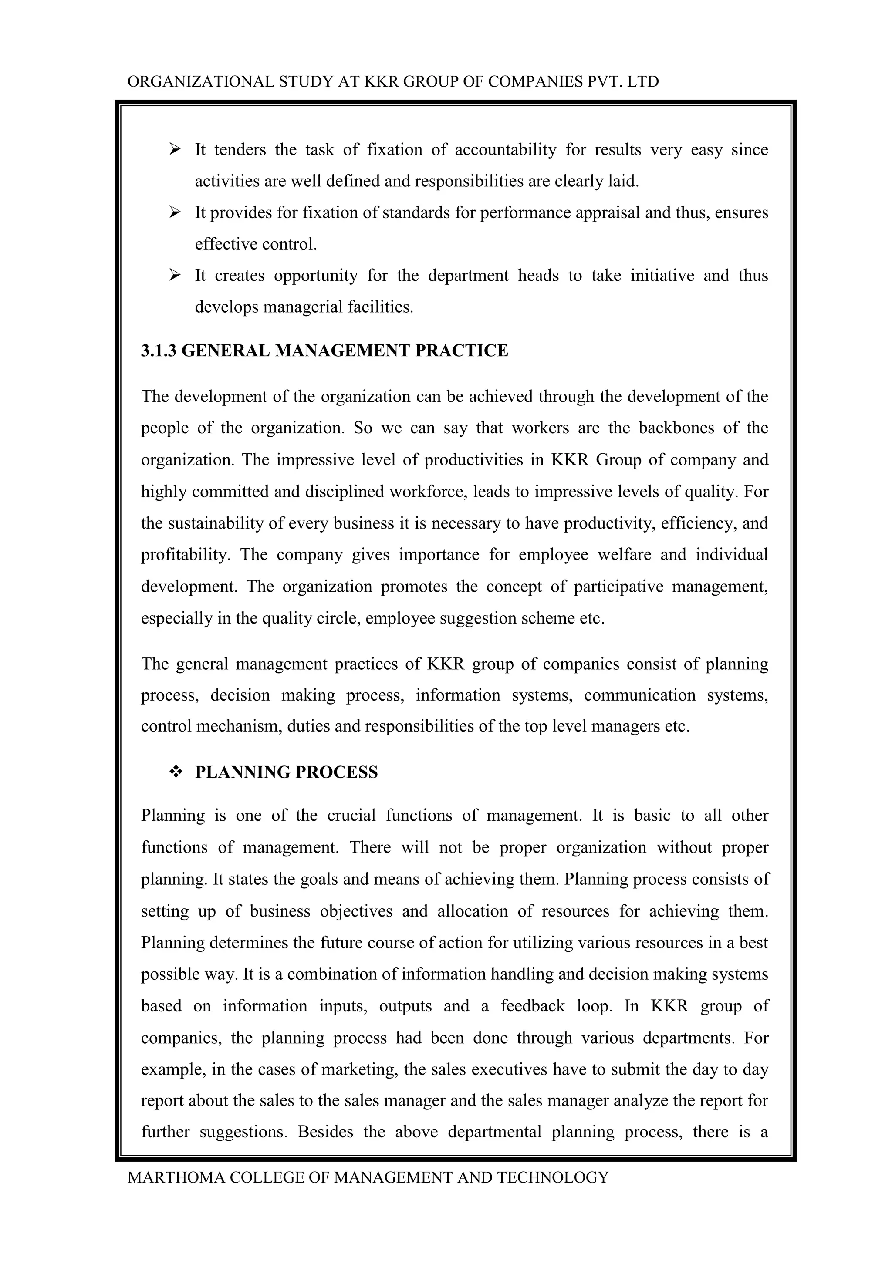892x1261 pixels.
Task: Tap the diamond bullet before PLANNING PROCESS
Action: pos(176,772)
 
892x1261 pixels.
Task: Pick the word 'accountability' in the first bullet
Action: pos(505,150)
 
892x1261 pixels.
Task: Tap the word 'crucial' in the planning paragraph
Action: pos(351,816)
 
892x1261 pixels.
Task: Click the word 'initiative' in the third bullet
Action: pos(662,275)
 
